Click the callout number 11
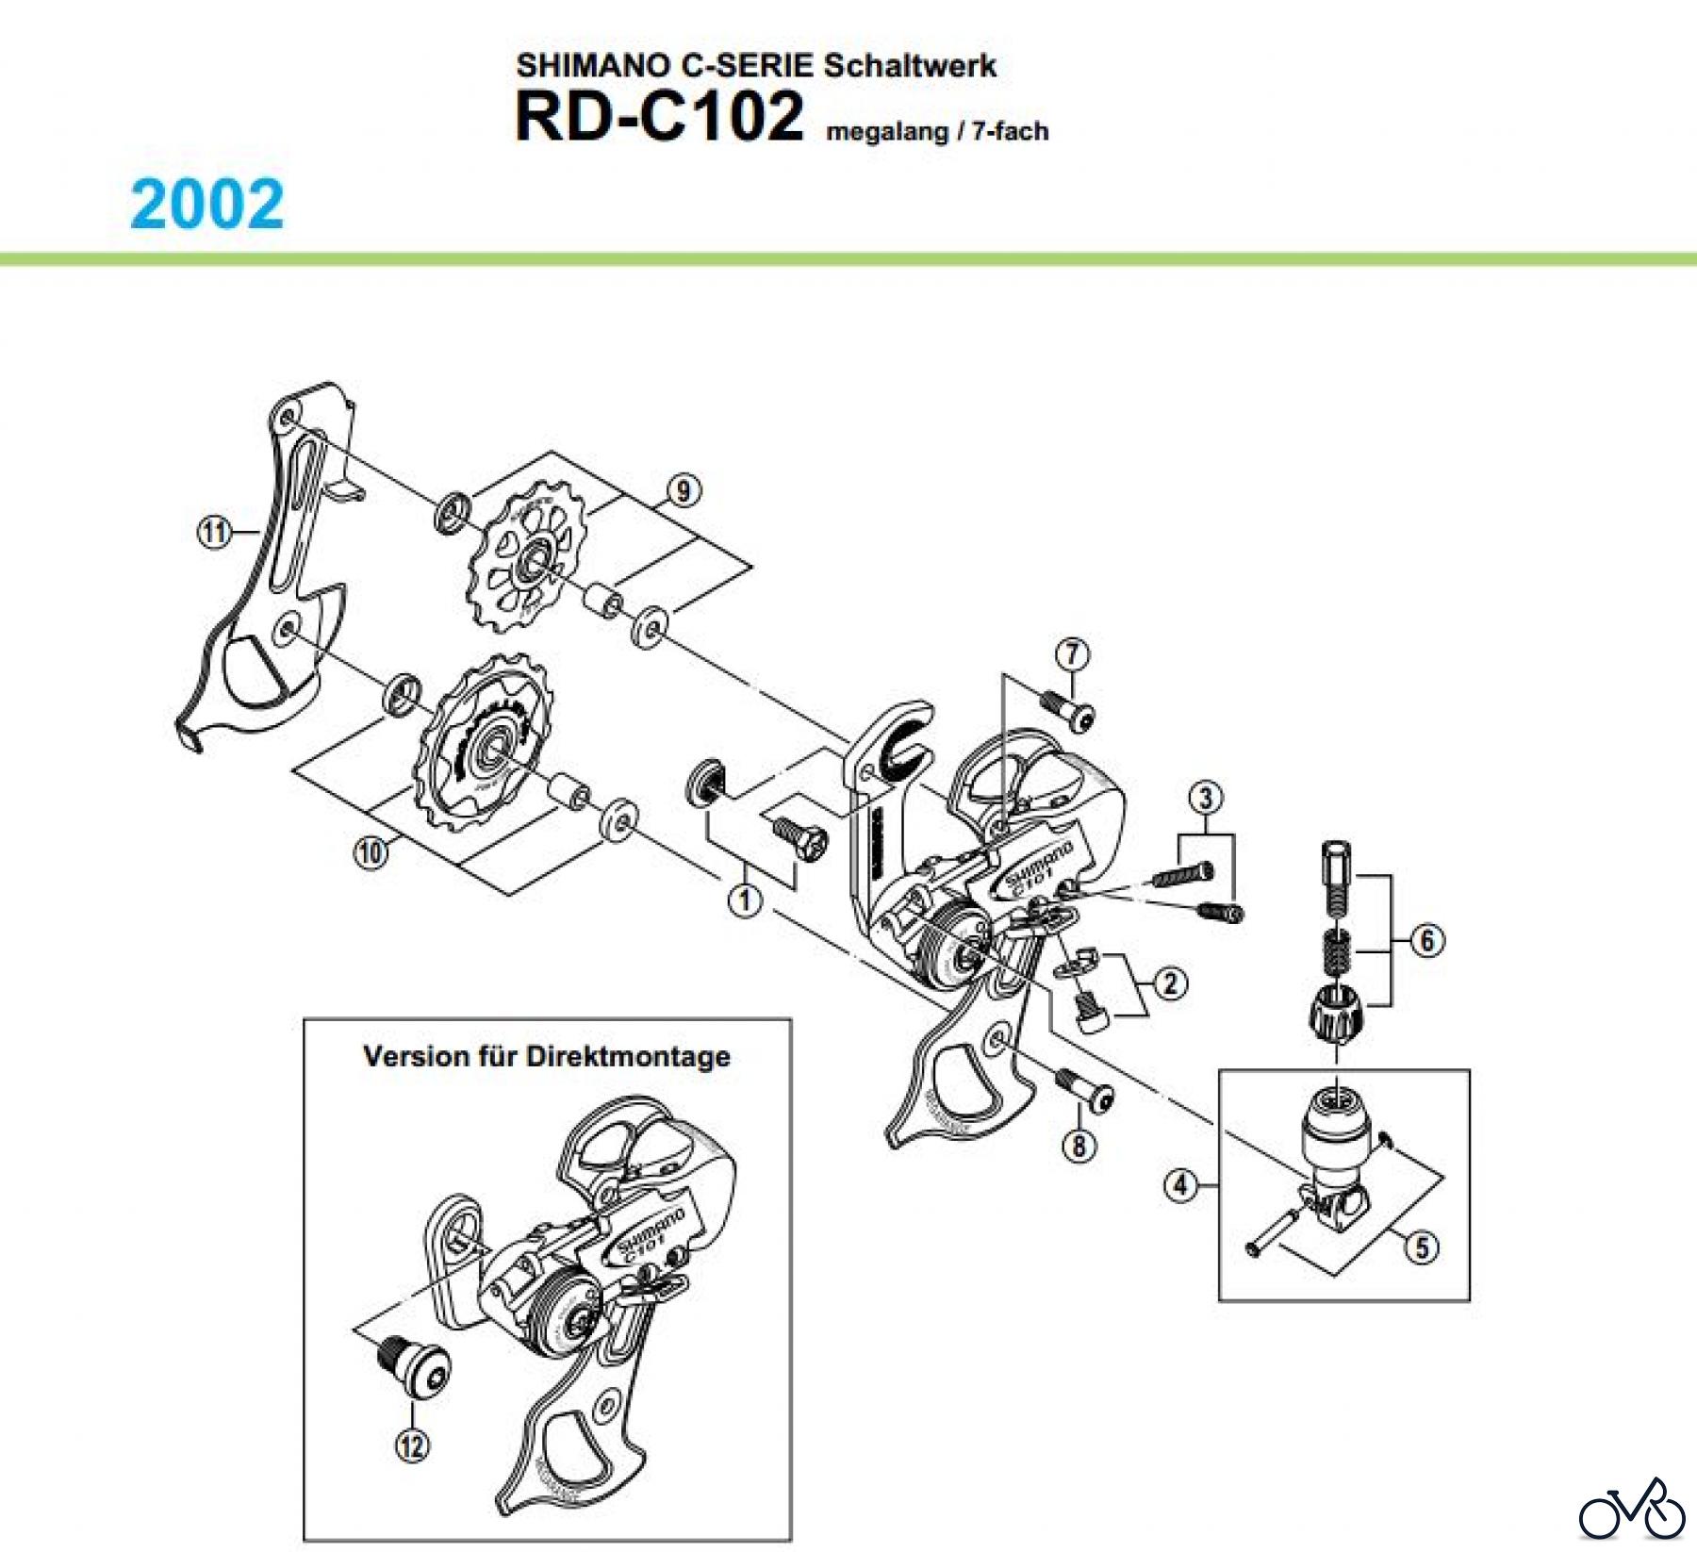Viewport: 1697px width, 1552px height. tap(214, 533)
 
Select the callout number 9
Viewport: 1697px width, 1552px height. tap(683, 490)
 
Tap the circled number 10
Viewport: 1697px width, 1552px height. tap(371, 852)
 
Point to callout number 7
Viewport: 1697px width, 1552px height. tap(1072, 653)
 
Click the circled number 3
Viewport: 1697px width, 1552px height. tap(1206, 798)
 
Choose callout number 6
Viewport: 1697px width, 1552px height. tap(1426, 939)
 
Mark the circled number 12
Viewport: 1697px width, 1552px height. tap(412, 1445)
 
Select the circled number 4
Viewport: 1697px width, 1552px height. tap(1181, 1184)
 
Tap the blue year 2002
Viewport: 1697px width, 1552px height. tap(207, 204)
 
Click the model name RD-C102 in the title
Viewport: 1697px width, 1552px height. tap(659, 117)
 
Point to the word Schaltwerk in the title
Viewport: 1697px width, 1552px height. tap(909, 65)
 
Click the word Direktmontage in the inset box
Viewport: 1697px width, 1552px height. tap(627, 1055)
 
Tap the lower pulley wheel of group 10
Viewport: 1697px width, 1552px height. tap(484, 745)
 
